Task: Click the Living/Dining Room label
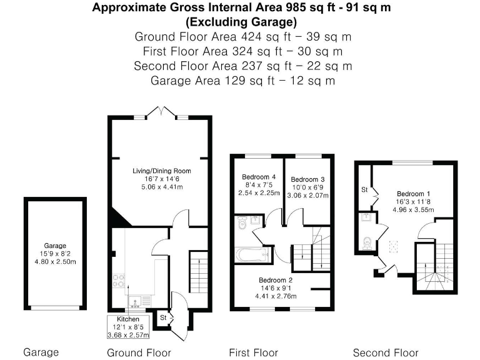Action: [x=162, y=171]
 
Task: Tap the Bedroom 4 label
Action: [x=259, y=177]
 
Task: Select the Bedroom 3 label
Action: [x=307, y=179]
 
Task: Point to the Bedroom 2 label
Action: [x=276, y=280]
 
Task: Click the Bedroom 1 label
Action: [x=413, y=194]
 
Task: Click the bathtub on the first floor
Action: [x=253, y=255]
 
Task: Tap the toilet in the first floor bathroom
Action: [x=242, y=223]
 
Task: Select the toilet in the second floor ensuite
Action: [x=367, y=244]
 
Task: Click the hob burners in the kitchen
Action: [x=119, y=281]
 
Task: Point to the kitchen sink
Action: [x=135, y=301]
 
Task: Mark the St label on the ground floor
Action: [x=163, y=317]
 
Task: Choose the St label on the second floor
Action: [x=364, y=190]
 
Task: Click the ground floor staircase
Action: [x=199, y=272]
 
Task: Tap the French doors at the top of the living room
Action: [x=161, y=112]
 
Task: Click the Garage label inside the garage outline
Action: [x=55, y=246]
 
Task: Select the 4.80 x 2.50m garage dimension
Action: [x=56, y=262]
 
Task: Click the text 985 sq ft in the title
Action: [x=311, y=7]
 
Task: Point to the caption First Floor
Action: [x=254, y=352]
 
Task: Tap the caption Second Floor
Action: [x=386, y=352]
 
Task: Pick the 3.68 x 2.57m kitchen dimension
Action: [x=128, y=335]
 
